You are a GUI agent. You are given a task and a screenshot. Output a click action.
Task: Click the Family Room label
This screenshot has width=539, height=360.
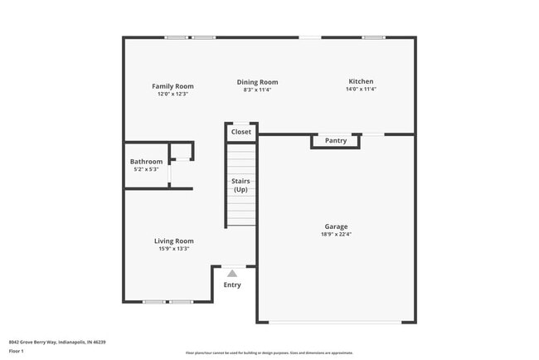pyautogui.click(x=172, y=86)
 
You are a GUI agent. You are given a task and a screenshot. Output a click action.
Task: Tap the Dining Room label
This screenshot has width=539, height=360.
pyautogui.click(x=257, y=82)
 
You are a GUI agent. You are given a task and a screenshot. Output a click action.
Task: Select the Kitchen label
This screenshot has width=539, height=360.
pyautogui.click(x=361, y=81)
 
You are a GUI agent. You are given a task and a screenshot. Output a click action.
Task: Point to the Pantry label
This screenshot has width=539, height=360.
pyautogui.click(x=336, y=141)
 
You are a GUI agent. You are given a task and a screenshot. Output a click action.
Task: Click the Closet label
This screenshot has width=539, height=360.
pyautogui.click(x=241, y=132)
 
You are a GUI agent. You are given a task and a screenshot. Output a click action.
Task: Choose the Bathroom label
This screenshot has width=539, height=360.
pyautogui.click(x=146, y=162)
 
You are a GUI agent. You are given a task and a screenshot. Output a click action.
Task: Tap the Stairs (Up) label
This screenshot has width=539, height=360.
pyautogui.click(x=241, y=185)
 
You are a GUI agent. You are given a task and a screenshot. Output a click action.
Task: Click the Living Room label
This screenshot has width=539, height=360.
pyautogui.click(x=174, y=241)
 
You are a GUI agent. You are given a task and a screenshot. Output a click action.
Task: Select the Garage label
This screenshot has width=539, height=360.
pyautogui.click(x=336, y=226)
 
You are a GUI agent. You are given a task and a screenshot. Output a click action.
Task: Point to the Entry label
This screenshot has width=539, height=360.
pyautogui.click(x=232, y=285)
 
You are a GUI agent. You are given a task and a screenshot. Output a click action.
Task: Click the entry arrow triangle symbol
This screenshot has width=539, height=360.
pyautogui.click(x=232, y=273)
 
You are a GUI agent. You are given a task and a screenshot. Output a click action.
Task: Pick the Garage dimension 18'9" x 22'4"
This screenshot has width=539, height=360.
pyautogui.click(x=336, y=234)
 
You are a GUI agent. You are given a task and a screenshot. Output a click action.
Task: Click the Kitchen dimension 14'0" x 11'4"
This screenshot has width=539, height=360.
pyautogui.click(x=361, y=89)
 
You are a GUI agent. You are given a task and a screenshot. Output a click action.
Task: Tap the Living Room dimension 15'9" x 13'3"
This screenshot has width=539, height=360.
pyautogui.click(x=174, y=249)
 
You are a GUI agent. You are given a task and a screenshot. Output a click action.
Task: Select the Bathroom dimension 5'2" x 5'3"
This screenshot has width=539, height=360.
pyautogui.click(x=146, y=169)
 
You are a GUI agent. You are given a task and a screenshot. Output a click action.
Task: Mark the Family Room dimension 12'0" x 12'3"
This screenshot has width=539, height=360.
pyautogui.click(x=172, y=94)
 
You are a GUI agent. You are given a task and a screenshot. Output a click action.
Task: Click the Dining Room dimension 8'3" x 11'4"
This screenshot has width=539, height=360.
pyautogui.click(x=257, y=90)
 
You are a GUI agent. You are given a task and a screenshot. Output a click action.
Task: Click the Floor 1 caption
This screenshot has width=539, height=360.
pyautogui.click(x=17, y=352)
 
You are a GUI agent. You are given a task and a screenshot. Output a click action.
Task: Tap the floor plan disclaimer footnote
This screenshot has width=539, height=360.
pyautogui.click(x=269, y=353)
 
